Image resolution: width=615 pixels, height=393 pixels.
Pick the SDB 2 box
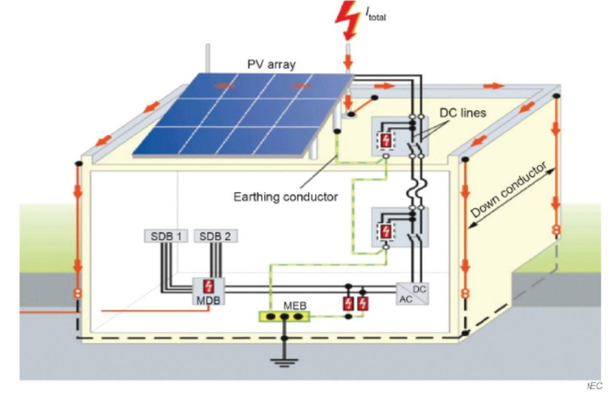tap(216, 236)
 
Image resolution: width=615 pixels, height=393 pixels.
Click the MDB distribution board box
tap(208, 291)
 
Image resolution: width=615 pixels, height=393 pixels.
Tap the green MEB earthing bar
tap(284, 317)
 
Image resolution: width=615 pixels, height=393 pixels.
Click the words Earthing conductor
tap(285, 196)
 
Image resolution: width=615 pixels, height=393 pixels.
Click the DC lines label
tap(463, 113)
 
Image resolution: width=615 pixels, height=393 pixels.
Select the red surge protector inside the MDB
tap(208, 286)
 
